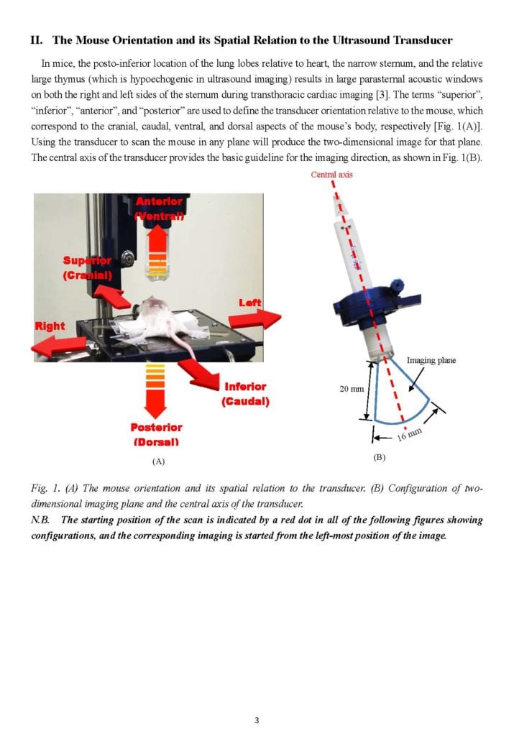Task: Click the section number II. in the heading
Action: point(37,40)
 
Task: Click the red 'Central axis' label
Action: point(332,175)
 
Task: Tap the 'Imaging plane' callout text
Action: point(431,360)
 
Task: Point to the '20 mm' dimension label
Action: point(351,389)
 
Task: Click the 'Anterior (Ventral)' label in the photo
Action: point(159,208)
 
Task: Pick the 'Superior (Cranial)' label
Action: point(87,267)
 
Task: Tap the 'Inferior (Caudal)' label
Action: point(245,394)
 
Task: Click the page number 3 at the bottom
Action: point(257,720)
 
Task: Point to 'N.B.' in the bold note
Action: point(40,520)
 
